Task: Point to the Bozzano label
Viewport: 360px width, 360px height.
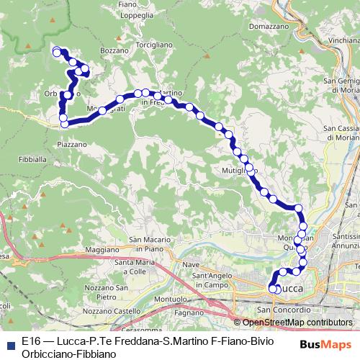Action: coord(113,51)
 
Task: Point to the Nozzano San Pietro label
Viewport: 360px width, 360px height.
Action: coord(100,292)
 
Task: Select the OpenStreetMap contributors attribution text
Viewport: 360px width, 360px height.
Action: coord(295,322)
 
